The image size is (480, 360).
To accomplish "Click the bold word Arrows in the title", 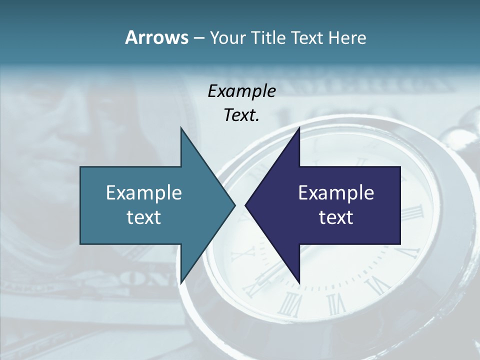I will click(156, 37).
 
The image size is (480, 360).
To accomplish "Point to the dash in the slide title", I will click(198, 38).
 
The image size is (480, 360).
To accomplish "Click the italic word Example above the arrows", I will click(241, 91).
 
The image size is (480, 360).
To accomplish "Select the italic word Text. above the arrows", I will click(241, 115).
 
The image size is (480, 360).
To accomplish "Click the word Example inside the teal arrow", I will click(144, 192).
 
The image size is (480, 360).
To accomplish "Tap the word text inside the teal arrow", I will click(144, 217).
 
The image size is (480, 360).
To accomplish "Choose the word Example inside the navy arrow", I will click(336, 192).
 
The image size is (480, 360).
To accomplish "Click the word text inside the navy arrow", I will click(336, 217).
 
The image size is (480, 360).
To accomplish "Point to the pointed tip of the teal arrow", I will click(235, 205).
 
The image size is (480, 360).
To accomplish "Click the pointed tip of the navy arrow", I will click(245, 205).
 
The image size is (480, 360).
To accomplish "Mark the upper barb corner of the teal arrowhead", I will click(181, 128).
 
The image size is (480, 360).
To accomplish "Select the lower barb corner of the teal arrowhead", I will click(181, 283).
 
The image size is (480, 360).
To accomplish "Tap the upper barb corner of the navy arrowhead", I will click(299, 128).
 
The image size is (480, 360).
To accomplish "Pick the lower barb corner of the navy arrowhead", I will click(299, 283).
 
